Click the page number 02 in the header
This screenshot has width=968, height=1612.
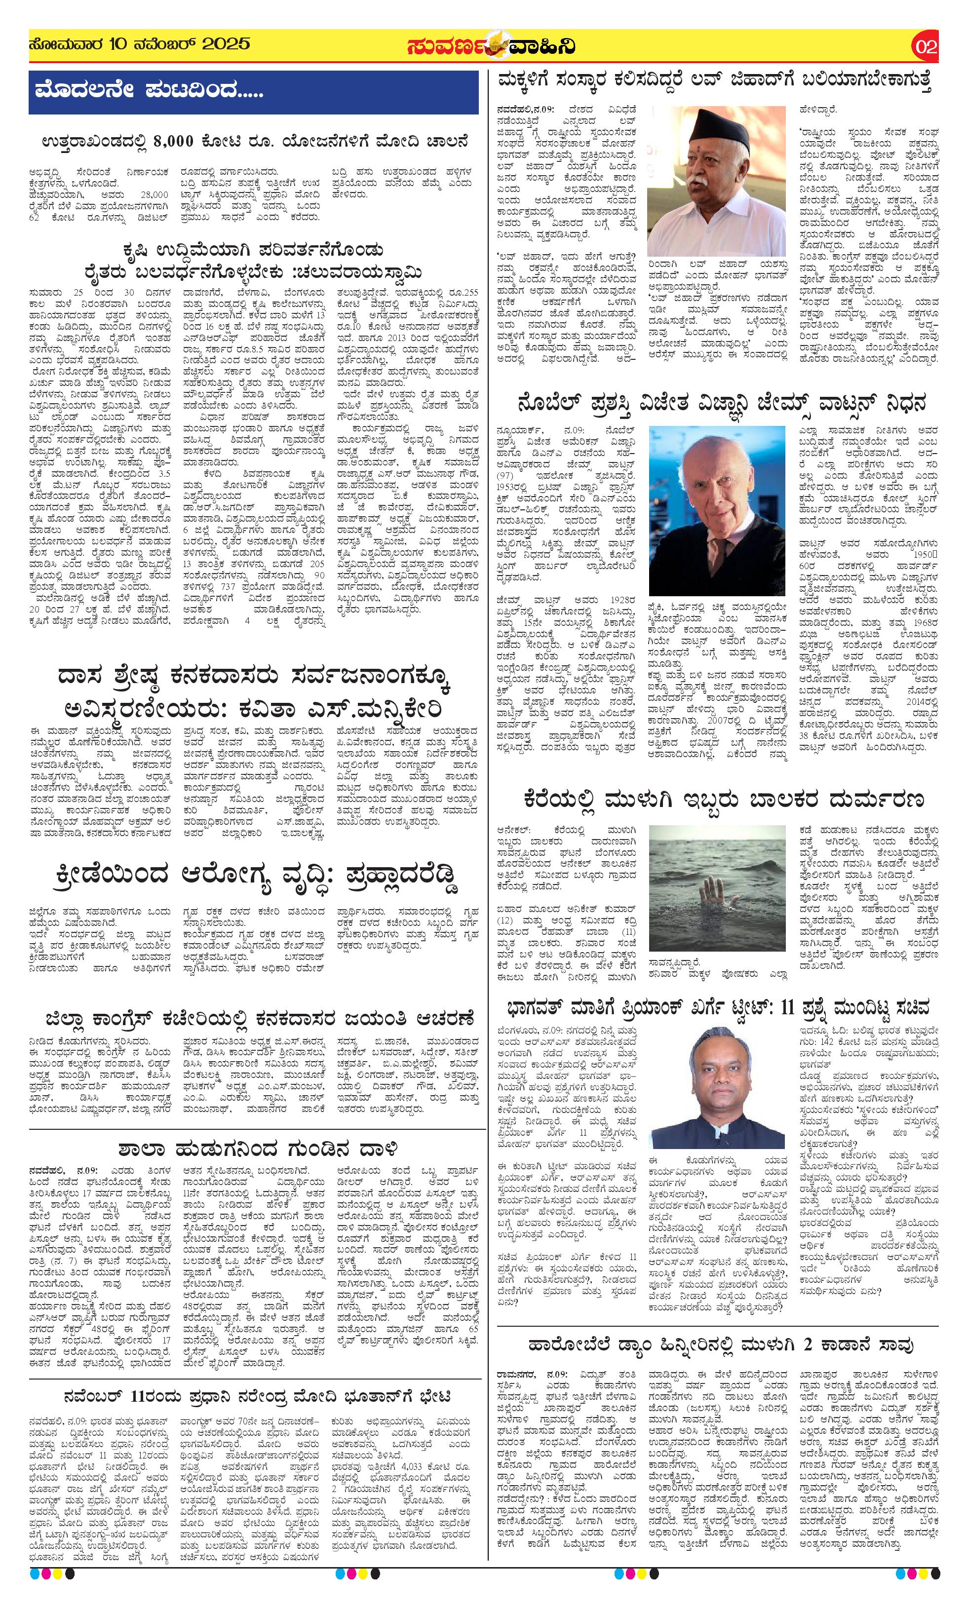(926, 46)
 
